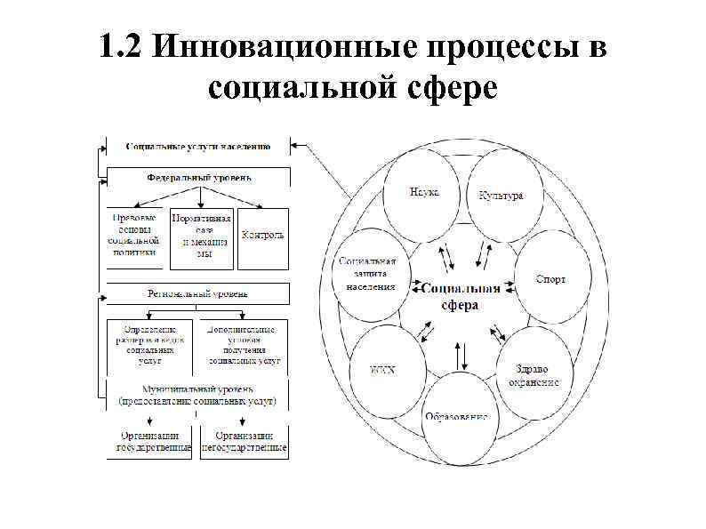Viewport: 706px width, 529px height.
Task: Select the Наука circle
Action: (x=421, y=192)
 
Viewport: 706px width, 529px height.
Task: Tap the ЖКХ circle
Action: (x=383, y=368)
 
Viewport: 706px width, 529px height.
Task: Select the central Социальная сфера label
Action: (x=461, y=295)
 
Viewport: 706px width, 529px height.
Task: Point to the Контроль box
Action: (x=263, y=236)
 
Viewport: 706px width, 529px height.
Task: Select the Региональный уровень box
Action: (x=198, y=293)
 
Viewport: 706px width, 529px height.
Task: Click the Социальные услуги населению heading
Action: (x=198, y=145)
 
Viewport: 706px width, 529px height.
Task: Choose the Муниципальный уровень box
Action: (x=198, y=396)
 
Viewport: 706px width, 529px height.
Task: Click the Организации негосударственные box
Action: (x=244, y=442)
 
